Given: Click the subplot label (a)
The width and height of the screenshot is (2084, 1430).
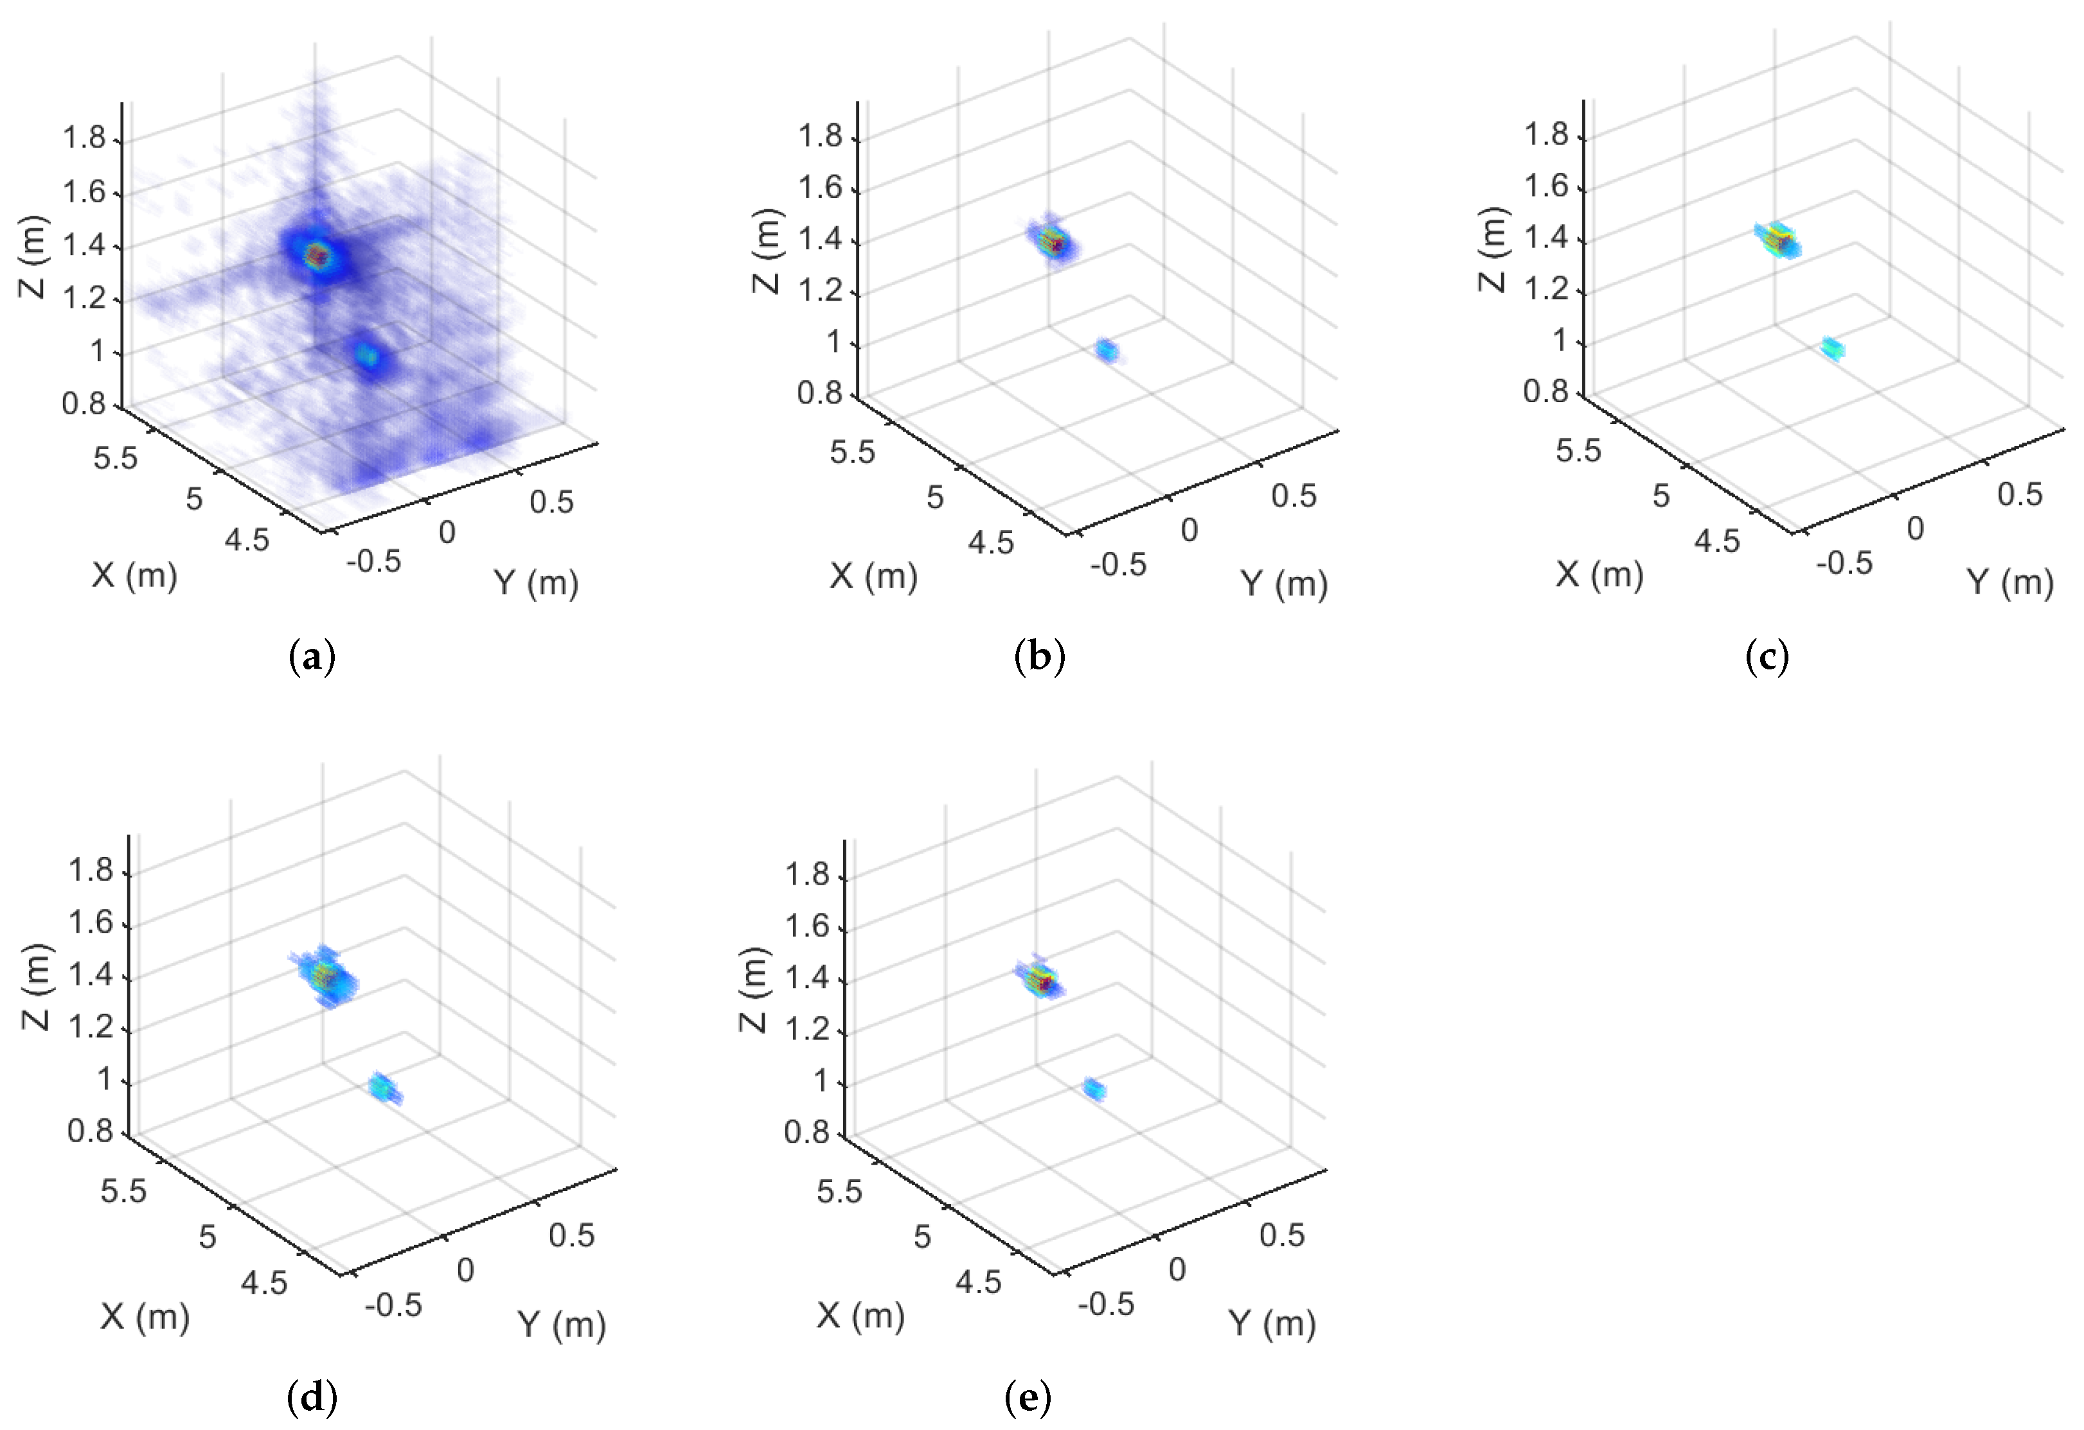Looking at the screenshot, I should pyautogui.click(x=312, y=657).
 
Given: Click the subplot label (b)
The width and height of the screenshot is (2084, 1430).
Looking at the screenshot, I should pyautogui.click(x=1039, y=657).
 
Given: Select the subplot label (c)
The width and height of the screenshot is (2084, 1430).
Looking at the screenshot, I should pyautogui.click(x=1767, y=657).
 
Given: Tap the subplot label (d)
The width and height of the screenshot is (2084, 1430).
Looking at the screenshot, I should pyautogui.click(x=312, y=1396).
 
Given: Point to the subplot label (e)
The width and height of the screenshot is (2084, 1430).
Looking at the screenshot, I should pyautogui.click(x=1028, y=1396).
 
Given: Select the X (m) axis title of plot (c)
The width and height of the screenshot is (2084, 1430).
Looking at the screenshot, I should pyautogui.click(x=1599, y=574).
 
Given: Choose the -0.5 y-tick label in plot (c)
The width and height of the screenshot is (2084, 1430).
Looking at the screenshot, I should pyautogui.click(x=1844, y=563).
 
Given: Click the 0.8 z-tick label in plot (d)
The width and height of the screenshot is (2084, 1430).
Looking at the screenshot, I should pyautogui.click(x=91, y=1131).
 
